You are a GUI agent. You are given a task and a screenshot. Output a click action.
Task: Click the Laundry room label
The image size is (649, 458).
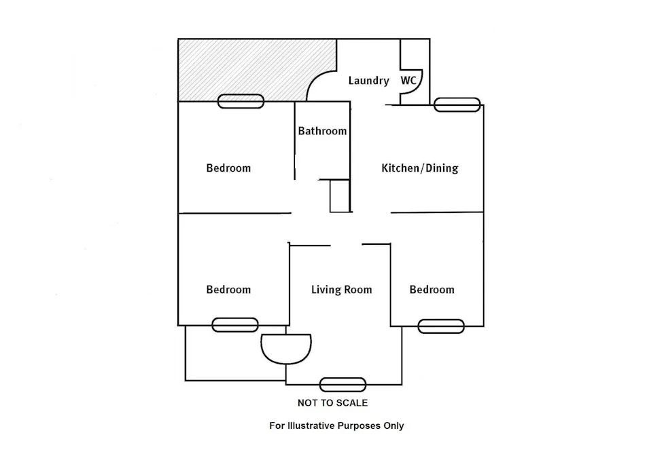pos(368,81)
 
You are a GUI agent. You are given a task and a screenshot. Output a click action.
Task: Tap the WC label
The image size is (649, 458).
pos(408,80)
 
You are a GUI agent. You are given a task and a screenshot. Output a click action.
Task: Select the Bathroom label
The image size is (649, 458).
pos(322,131)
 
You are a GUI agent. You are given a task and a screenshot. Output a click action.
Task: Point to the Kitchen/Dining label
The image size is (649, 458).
pos(420,168)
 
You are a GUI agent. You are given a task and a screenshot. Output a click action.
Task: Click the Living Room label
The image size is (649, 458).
pos(341,290)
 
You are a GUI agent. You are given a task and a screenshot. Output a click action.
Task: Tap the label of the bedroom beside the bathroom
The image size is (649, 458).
pos(228,168)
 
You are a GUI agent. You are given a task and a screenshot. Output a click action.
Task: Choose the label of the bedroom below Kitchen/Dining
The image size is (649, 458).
pos(432,289)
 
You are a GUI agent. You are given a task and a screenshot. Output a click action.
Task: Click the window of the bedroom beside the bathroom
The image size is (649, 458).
pos(241,101)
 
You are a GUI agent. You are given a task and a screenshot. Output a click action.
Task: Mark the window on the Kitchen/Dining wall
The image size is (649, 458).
pos(457,104)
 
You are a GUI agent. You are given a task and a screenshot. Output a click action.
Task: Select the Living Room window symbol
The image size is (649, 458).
pos(343,385)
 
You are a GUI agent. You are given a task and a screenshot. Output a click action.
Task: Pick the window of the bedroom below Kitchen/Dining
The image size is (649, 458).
pos(441,326)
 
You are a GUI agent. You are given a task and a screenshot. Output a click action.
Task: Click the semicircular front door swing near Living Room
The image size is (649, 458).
pos(286,363)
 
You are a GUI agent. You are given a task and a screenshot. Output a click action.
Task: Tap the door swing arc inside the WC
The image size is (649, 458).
pos(418,89)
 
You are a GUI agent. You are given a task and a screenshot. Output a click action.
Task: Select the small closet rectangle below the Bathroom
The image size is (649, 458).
pos(340,196)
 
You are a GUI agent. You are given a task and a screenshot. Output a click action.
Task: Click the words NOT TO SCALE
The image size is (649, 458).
pos(332,403)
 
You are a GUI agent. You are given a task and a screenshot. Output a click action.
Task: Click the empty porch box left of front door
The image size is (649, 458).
pos(235,353)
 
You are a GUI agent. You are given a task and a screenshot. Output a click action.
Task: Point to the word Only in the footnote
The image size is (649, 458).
pos(393,425)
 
